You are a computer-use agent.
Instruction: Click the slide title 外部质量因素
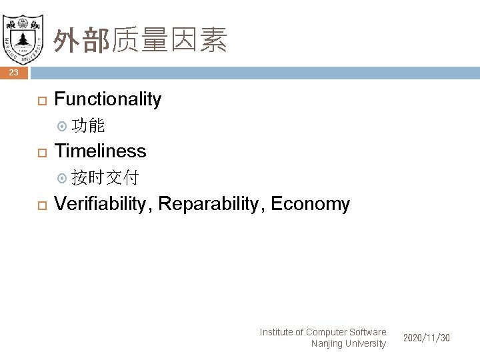(141, 40)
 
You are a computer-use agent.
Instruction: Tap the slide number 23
(13, 73)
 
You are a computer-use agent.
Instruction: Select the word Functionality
(107, 99)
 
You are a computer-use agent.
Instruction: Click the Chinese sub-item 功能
(87, 125)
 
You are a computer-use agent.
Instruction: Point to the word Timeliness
(100, 151)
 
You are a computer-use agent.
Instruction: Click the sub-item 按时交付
(105, 177)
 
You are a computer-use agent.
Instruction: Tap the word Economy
(311, 204)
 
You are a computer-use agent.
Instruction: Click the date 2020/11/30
(427, 338)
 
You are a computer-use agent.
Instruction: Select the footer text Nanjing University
(348, 343)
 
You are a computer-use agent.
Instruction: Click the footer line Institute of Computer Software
(323, 332)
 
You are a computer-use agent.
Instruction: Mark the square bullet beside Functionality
(41, 100)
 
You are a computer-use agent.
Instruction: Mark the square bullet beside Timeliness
(41, 151)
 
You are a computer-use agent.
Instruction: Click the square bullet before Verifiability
(41, 205)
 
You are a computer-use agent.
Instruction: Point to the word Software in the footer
(368, 332)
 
